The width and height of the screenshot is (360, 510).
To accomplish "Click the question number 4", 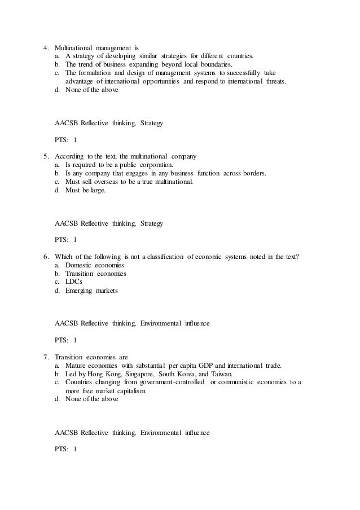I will coord(46,48).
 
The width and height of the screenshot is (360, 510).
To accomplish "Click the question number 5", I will coord(46,155).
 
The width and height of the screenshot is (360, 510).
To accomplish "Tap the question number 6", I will coord(46,257).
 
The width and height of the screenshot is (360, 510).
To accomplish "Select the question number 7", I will coord(46,357).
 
